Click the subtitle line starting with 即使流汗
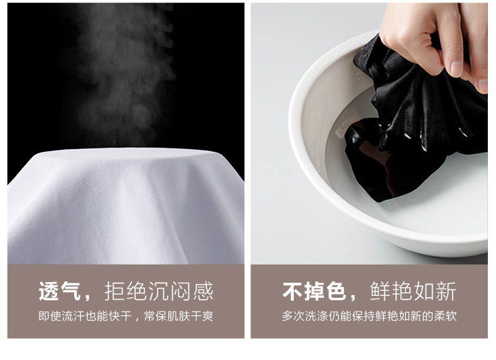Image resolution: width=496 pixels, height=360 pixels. coord(126,316)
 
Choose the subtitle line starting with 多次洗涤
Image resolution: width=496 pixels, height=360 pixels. coord(369,316)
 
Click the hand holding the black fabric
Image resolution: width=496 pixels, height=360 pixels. coord(433,38)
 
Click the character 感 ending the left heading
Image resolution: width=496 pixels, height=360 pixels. coord(203,292)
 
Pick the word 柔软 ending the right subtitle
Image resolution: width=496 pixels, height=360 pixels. coord(445,316)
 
